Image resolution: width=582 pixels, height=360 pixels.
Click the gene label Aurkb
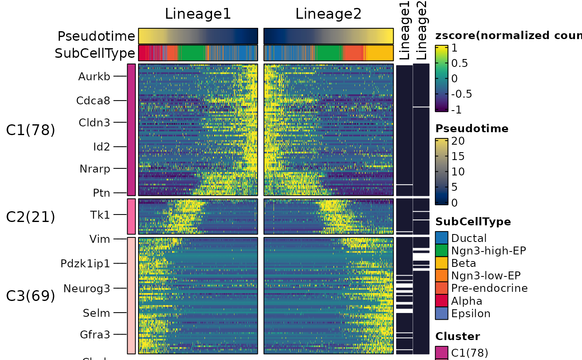pos(94,76)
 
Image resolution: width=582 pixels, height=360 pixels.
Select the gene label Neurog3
pos(86,288)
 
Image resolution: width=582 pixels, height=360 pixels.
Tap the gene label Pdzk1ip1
pos(85,264)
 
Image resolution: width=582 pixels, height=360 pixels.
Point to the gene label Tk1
pos(100,215)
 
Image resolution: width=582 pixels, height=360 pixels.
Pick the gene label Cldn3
pos(94,123)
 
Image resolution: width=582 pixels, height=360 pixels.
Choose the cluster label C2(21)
pos(30,217)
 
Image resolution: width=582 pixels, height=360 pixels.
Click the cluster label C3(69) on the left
pos(30,296)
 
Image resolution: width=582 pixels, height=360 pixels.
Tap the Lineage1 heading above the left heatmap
pos(198,14)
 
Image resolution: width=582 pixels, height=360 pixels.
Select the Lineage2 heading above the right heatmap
pos(328,14)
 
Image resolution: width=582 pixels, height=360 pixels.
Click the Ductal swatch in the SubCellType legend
pos(441,238)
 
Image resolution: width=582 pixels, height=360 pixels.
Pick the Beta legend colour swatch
pos(441,263)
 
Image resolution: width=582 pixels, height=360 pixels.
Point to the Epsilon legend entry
pos(471,313)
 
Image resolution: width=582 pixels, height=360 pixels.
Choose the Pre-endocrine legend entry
pos(489,288)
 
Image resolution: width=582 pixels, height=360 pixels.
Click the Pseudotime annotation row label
pos(96,36)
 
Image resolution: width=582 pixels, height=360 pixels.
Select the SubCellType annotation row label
pos(95,53)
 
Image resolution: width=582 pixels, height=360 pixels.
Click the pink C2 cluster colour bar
pos(131,217)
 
